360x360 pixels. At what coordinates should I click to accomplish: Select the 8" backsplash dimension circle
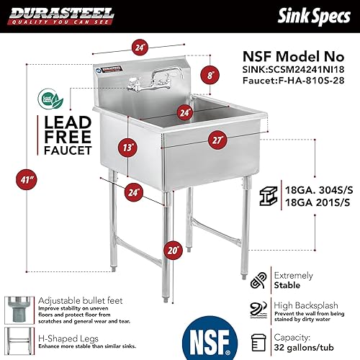(x=210, y=73)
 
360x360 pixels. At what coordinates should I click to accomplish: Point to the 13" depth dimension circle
(x=127, y=148)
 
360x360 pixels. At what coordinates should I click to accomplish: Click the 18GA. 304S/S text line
(x=307, y=185)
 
